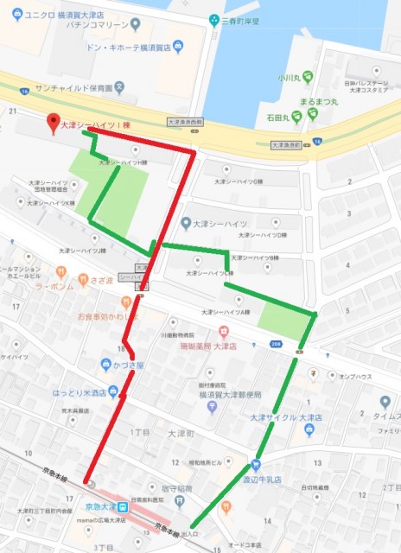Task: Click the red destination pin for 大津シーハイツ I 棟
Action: pyautogui.click(x=53, y=122)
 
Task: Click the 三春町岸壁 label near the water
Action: pyautogui.click(x=243, y=19)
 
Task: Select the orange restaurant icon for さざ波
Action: pyautogui.click(x=84, y=279)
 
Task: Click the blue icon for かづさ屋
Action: pyautogui.click(x=105, y=364)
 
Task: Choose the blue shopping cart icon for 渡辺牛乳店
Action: pyautogui.click(x=256, y=461)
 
